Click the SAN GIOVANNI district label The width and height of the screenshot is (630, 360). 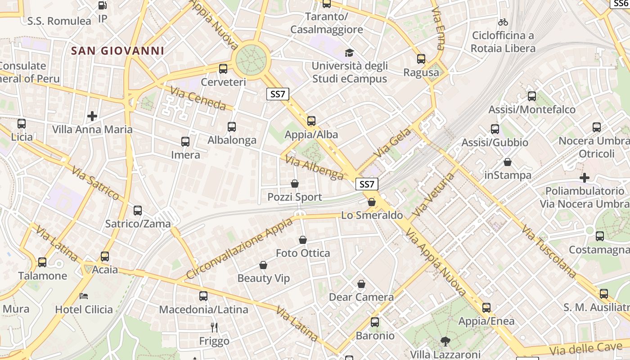pos(118,51)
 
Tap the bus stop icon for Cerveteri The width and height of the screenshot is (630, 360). pos(223,69)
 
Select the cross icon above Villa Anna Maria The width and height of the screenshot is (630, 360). pos(92,116)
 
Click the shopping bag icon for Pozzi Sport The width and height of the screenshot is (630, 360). pos(295,184)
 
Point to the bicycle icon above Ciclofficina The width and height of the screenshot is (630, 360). pos(503,22)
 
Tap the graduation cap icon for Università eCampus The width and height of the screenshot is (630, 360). pos(349,53)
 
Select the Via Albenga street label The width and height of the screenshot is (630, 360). pos(315,168)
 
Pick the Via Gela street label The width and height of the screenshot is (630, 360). pos(392,143)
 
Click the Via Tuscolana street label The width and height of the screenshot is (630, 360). pos(549,251)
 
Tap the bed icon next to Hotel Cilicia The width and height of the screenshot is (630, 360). pos(84,296)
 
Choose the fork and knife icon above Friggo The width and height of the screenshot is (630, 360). pos(214,327)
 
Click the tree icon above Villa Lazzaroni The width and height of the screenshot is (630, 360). pos(445,341)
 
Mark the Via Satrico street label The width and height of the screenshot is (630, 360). pos(95,183)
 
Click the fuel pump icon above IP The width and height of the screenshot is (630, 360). pos(103,5)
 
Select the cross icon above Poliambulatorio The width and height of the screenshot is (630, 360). pos(584,178)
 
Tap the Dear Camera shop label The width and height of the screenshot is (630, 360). pos(361,297)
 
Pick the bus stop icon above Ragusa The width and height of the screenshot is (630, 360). pos(421,59)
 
